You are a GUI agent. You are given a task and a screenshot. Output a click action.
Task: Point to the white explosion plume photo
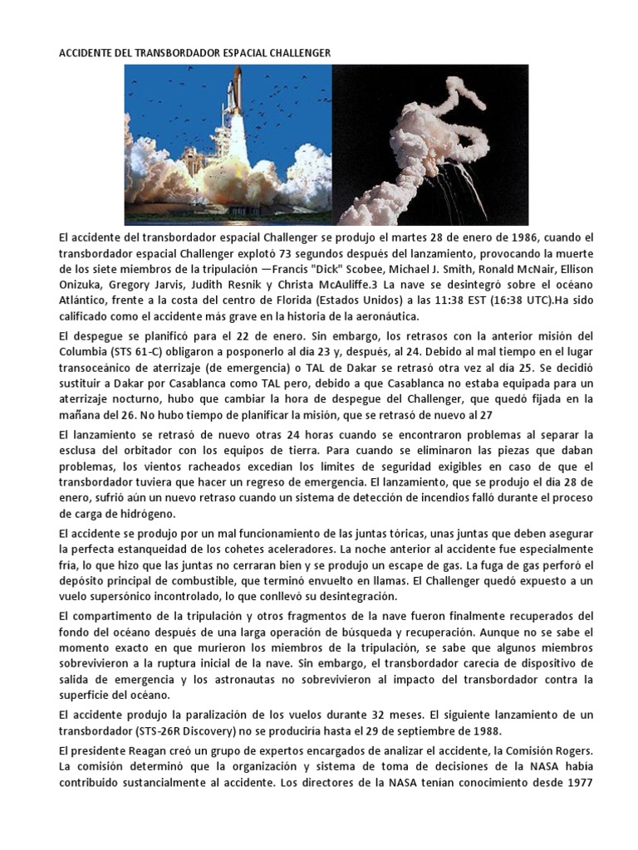click(429, 145)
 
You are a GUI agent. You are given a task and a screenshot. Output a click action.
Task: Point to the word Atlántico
click(82, 302)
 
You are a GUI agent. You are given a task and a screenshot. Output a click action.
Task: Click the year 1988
click(473, 731)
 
